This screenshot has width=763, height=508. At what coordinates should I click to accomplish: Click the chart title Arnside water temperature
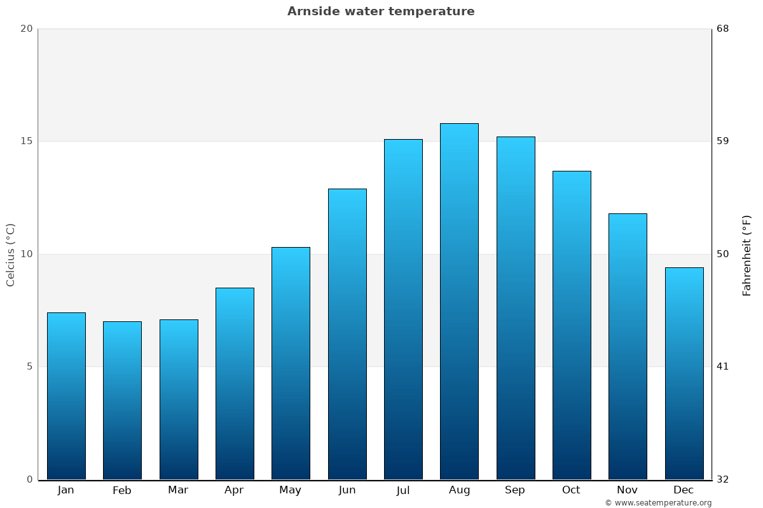(381, 11)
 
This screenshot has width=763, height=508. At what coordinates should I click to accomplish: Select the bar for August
(459, 302)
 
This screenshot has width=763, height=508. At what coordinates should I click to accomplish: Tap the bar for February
(122, 400)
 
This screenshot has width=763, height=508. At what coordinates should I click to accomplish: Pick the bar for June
(347, 334)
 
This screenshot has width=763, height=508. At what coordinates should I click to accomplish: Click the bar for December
(684, 373)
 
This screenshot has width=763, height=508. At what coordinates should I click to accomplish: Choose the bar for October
(572, 325)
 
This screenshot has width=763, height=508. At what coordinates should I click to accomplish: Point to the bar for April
(235, 384)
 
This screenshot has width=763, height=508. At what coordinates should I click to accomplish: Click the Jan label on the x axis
(66, 490)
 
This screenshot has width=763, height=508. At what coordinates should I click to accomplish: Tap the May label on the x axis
(291, 490)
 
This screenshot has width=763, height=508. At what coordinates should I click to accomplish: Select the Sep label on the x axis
(515, 490)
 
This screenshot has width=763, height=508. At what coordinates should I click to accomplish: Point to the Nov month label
(628, 490)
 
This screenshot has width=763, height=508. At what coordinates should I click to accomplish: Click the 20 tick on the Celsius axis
(26, 29)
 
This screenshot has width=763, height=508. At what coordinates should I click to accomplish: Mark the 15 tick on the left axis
(26, 141)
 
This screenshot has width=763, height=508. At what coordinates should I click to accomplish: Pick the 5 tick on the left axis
(29, 366)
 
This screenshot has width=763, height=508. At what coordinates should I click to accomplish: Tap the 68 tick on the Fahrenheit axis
(723, 29)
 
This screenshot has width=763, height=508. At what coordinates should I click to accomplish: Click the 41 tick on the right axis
(723, 366)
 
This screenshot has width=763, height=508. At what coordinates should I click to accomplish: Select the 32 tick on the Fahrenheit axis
(723, 479)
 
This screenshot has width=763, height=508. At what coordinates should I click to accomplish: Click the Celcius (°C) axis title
(11, 255)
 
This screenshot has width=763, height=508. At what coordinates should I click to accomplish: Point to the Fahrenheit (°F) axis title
(747, 255)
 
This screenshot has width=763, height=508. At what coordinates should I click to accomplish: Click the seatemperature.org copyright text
(658, 503)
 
